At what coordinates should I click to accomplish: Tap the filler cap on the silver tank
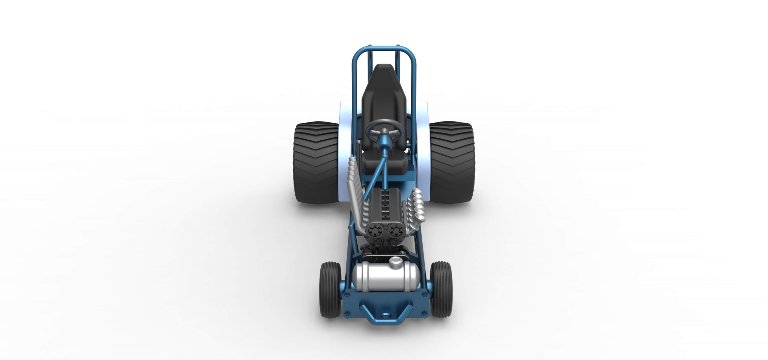[x=395, y=262]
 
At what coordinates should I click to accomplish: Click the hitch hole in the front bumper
[x=385, y=315]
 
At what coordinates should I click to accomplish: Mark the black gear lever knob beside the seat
[x=359, y=144]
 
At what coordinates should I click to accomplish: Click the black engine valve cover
[x=385, y=206]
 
